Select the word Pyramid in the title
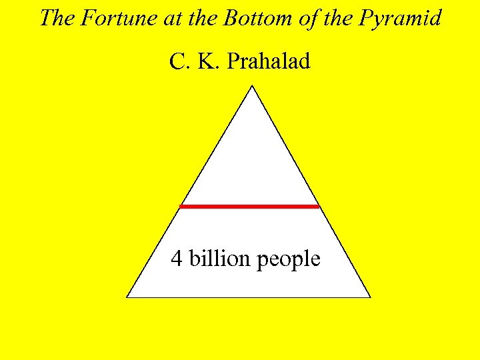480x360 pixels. pyautogui.click(x=401, y=19)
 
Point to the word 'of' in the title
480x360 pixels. pyautogui.click(x=307, y=18)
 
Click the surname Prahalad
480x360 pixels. pyautogui.click(x=269, y=62)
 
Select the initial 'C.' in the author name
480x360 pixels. pyautogui.click(x=179, y=62)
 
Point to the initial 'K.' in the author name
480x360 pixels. pyautogui.click(x=208, y=62)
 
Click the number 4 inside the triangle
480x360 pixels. pyautogui.click(x=177, y=258)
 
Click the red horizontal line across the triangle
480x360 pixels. pyautogui.click(x=249, y=206)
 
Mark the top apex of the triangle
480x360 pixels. pyautogui.click(x=252, y=86)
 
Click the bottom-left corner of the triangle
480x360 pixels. pyautogui.click(x=127, y=297)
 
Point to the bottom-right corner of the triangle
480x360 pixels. pyautogui.click(x=370, y=297)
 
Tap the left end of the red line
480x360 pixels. pyautogui.click(x=181, y=206)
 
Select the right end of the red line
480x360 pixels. pyautogui.click(x=319, y=206)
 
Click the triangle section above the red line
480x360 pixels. pyautogui.click(x=251, y=160)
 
